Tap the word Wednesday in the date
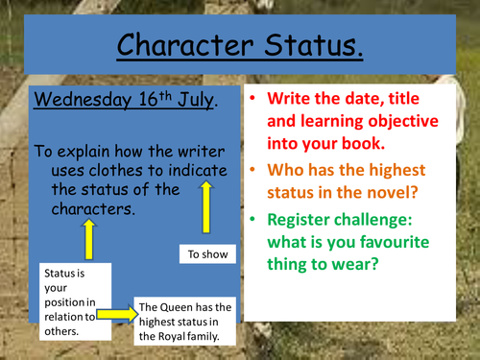tap(80, 99)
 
